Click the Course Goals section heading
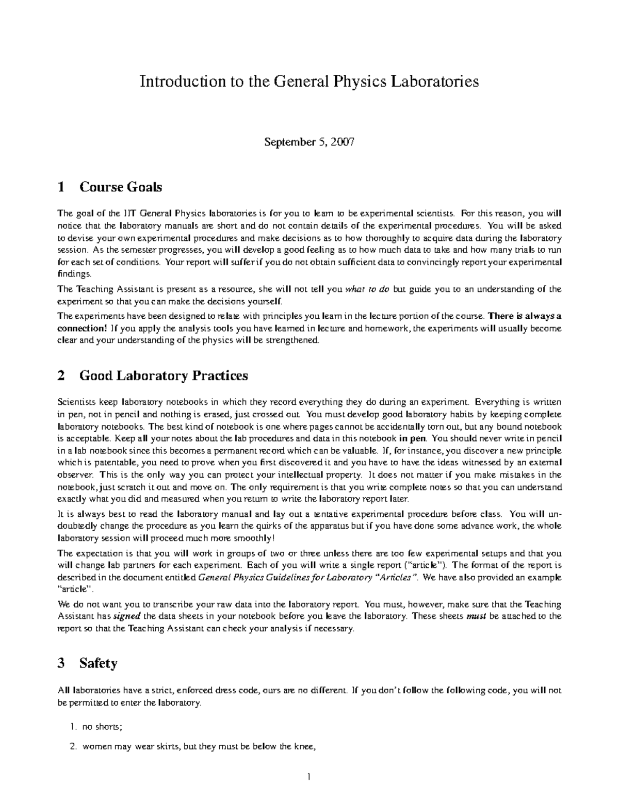point(120,187)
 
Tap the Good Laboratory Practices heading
point(164,375)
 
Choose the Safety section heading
point(98,663)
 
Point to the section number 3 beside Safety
point(61,663)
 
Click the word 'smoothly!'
point(250,538)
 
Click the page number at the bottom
point(308,777)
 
